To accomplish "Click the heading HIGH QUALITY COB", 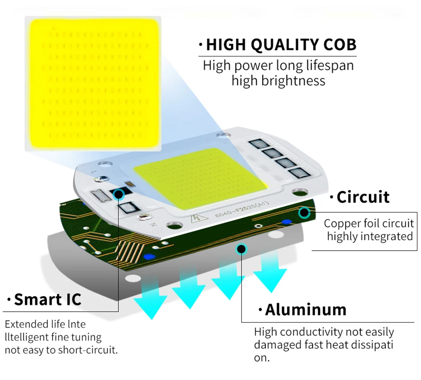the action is tap(281, 45).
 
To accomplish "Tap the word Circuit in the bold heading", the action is tap(363, 197).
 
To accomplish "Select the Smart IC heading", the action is tap(47, 299).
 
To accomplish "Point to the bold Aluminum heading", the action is tap(305, 310).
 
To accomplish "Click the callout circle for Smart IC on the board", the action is tap(118, 195).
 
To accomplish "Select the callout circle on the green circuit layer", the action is tap(303, 213).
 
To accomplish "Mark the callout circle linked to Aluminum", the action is tap(241, 249).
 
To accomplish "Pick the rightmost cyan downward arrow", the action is tap(269, 273).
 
